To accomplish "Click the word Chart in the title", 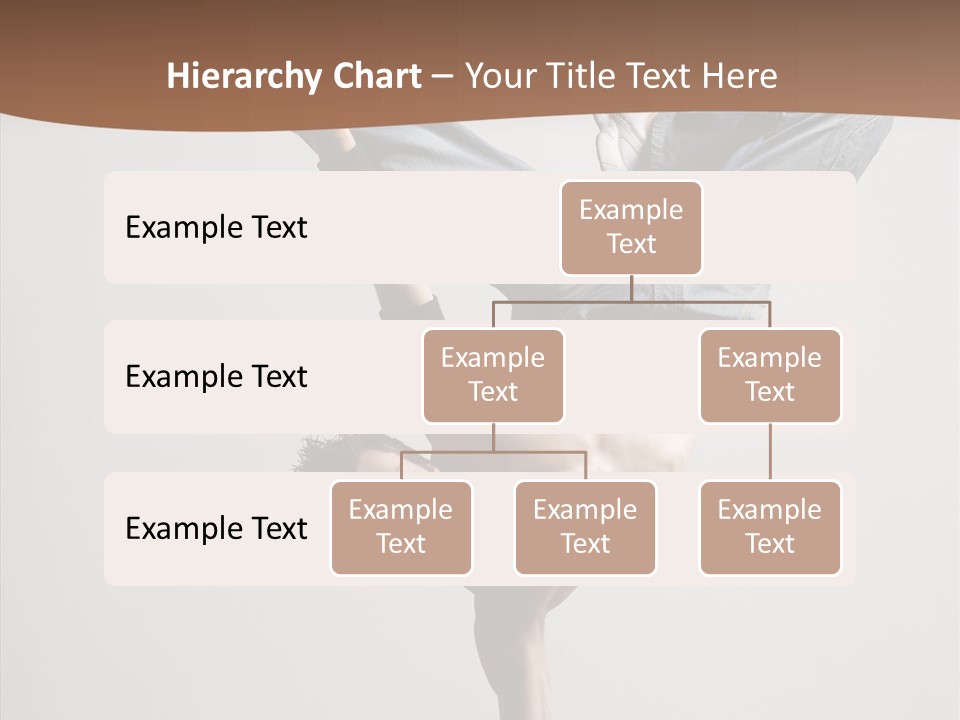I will coord(376,76).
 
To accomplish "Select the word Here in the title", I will coord(737,76).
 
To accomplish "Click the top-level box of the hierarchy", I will coord(631,227).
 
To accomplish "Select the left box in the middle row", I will coord(493,375).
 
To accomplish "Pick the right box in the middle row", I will coord(770,375).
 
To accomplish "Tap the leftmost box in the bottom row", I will coord(401,527).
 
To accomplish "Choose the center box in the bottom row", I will coord(585,527).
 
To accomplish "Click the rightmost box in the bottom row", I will coord(770,527).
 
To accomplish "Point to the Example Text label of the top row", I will coord(216,227).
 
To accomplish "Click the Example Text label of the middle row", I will coord(216,376).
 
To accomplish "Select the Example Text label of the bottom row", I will coord(216,528).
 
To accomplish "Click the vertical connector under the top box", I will coord(631,288).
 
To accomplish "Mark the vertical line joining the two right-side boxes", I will coord(770,452).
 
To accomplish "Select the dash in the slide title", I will coord(442,77).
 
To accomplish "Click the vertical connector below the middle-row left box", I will coord(493,437).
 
